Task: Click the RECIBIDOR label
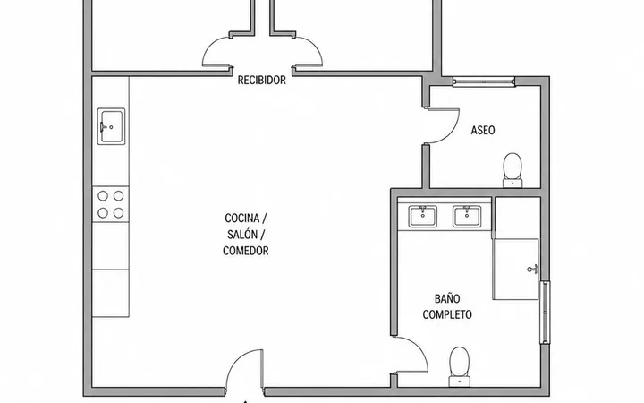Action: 261,80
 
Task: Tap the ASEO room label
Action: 483,131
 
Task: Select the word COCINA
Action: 242,218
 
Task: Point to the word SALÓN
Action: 241,234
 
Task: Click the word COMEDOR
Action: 246,251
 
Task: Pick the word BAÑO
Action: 447,298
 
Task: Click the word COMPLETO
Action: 447,314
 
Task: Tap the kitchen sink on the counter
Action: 111,126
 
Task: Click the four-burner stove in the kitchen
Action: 111,204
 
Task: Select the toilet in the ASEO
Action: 513,170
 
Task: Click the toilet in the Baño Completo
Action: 459,367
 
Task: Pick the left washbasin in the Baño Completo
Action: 422,217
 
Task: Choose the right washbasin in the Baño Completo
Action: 467,217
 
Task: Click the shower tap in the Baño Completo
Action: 533,270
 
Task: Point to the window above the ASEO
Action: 484,81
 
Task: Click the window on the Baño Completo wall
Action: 545,313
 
